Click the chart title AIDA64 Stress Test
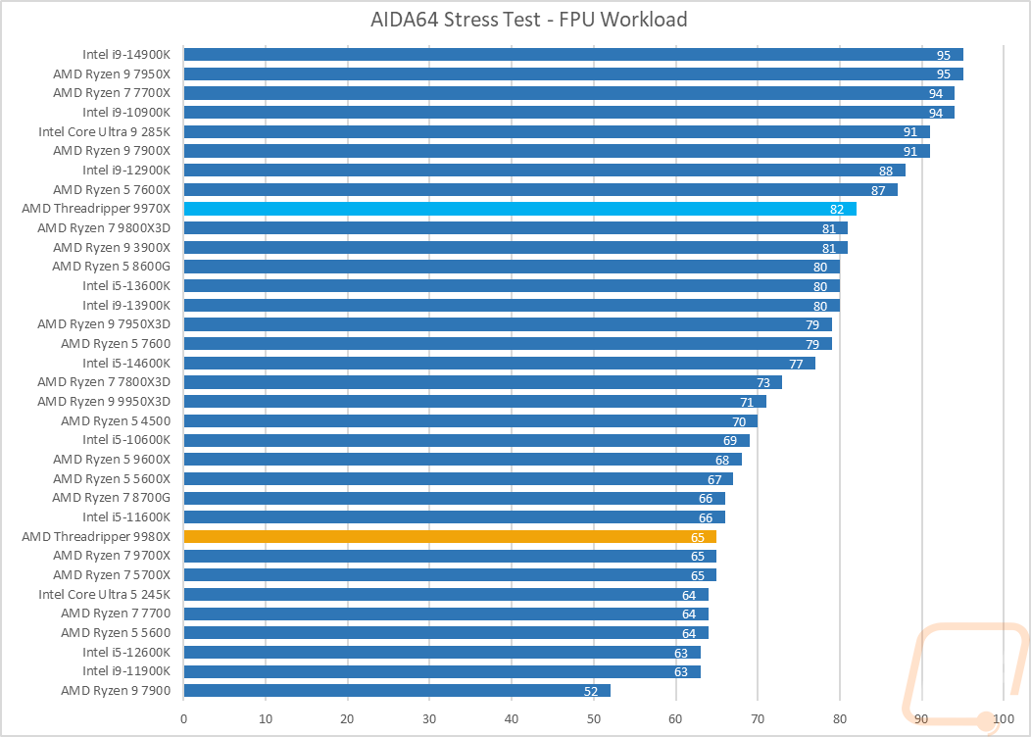click(x=515, y=20)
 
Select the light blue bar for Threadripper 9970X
click(x=519, y=209)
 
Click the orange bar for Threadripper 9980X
click(x=450, y=536)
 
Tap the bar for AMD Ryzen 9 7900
click(x=397, y=690)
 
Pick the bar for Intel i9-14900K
click(x=573, y=55)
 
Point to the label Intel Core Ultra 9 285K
click(x=104, y=131)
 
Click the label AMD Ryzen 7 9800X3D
click(x=104, y=227)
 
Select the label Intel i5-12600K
click(x=126, y=652)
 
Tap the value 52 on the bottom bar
click(x=592, y=691)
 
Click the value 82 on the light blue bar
click(x=837, y=209)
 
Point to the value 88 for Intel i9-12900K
click(x=886, y=171)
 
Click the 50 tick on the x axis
click(x=594, y=718)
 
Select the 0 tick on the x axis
click(x=184, y=718)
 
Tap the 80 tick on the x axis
click(x=840, y=718)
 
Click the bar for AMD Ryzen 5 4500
click(x=470, y=421)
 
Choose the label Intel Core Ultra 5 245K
click(x=104, y=594)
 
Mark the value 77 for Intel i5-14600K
click(x=796, y=364)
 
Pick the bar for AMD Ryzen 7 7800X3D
click(x=482, y=382)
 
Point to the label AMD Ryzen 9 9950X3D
click(x=104, y=401)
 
